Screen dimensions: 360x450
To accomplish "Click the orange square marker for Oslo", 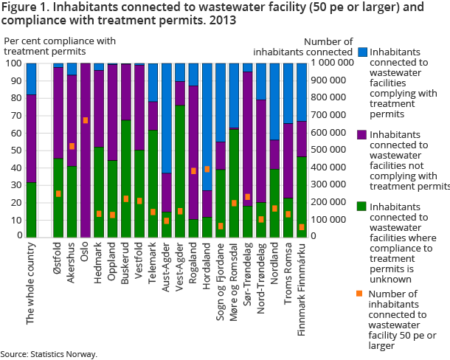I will [x=85, y=120].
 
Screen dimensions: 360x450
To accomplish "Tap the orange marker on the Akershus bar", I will [x=72, y=146].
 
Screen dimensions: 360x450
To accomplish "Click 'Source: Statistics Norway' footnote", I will [x=49, y=354].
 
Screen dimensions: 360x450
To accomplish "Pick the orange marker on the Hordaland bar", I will [x=207, y=169].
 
